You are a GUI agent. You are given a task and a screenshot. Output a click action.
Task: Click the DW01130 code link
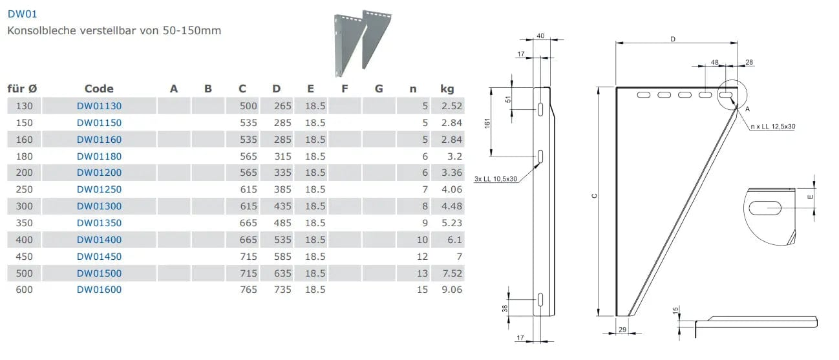(x=99, y=106)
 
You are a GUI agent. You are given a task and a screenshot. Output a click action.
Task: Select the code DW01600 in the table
(x=99, y=290)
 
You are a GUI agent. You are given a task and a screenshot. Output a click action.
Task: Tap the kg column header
(x=447, y=89)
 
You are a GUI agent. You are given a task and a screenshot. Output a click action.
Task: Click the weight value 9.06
(x=452, y=290)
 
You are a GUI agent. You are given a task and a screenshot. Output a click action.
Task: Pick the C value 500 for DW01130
(x=248, y=106)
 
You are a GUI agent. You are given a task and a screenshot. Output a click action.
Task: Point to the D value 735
(x=282, y=290)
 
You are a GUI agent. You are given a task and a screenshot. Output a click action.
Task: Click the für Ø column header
(x=22, y=89)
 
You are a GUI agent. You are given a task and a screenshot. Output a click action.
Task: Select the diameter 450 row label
(x=24, y=257)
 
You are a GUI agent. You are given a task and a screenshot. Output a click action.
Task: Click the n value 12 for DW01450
(x=422, y=257)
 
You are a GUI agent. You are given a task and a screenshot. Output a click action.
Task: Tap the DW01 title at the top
(x=22, y=14)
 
